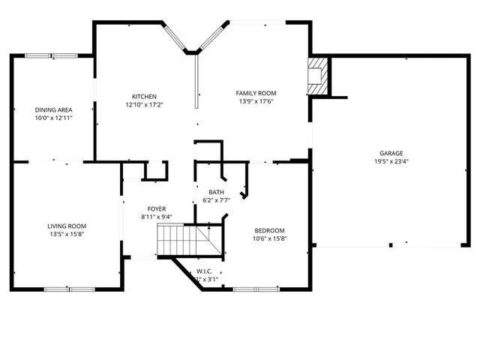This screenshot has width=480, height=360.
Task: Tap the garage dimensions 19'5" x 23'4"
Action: pos(391,161)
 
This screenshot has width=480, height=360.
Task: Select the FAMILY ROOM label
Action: pos(256,93)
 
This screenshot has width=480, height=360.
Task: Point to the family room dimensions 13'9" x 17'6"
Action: pos(256,101)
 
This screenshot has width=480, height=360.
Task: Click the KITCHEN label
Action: pos(144,96)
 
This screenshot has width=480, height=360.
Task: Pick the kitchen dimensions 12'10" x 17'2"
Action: pos(144,104)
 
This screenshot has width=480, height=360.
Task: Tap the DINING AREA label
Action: pos(53,109)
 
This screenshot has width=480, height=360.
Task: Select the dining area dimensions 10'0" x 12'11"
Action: pos(53,118)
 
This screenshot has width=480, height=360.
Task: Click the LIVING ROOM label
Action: pos(67,226)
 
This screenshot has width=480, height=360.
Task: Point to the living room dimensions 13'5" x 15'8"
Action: pos(67,234)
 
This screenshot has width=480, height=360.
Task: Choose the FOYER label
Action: pos(157,209)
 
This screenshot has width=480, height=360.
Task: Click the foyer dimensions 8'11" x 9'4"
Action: pos(157,217)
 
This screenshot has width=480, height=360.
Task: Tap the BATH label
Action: pos(216,193)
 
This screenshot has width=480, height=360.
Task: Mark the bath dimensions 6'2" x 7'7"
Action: pos(216,201)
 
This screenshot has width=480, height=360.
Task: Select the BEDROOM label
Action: pos(269,230)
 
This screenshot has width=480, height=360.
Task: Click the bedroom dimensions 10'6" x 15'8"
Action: pos(269,238)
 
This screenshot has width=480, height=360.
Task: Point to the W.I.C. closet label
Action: pos(205,271)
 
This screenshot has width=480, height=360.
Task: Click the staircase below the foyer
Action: pos(181,241)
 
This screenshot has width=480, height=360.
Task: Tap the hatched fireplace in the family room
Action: pos(318,76)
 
